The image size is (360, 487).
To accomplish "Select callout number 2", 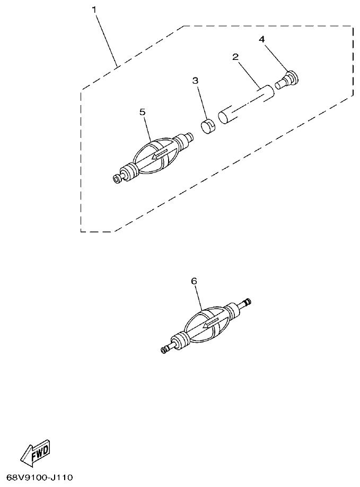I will [235, 57].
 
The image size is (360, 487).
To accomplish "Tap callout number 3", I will [195, 81].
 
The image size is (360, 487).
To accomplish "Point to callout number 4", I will [261, 39].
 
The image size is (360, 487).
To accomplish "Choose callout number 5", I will [142, 112].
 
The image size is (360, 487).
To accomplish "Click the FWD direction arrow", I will [36, 454].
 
